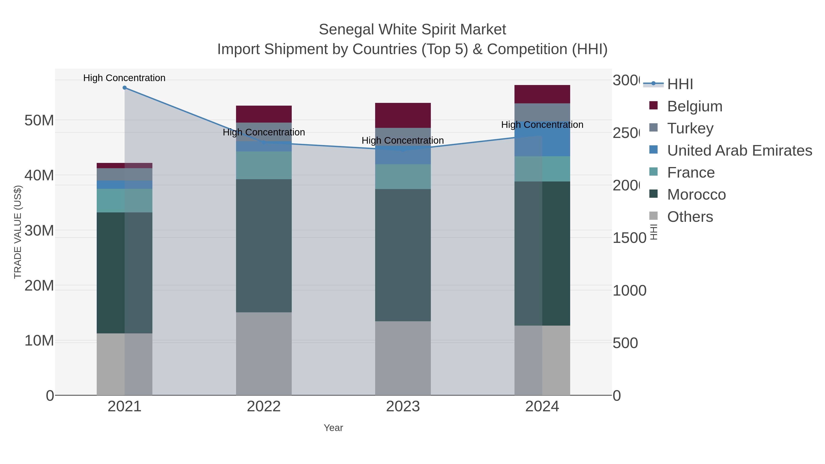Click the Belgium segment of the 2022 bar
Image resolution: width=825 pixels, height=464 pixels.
click(x=264, y=114)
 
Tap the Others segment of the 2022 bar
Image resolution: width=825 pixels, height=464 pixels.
click(x=264, y=354)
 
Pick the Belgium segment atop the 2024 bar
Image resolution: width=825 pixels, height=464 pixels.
click(x=542, y=94)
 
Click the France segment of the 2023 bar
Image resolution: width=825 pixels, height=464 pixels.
click(x=403, y=177)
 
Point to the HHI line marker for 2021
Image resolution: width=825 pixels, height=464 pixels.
click(x=125, y=88)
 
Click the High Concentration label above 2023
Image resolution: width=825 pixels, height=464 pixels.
click(x=403, y=141)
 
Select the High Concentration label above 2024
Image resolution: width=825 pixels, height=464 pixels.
click(x=542, y=125)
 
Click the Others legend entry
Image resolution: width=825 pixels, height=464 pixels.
click(x=690, y=217)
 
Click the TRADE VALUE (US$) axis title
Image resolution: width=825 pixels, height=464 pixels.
click(x=18, y=232)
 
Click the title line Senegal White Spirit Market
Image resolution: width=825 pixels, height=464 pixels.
click(x=412, y=30)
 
